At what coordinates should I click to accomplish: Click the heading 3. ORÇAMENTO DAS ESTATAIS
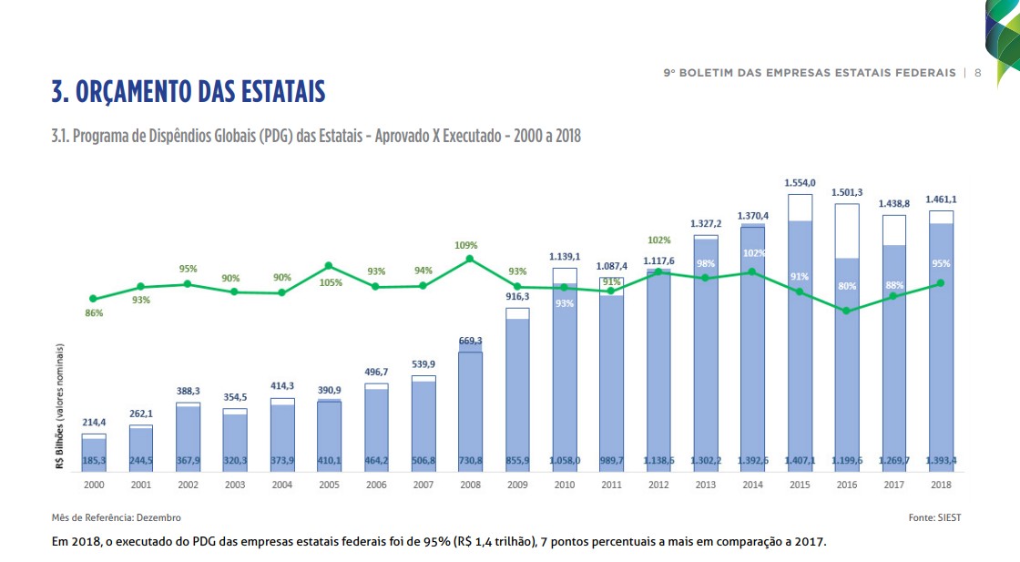pos(189,92)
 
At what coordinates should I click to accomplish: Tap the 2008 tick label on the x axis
pos(470,485)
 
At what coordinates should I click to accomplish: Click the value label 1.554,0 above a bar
pos(800,183)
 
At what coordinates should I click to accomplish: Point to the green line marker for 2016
pos(847,311)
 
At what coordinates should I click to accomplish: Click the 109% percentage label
pos(466,245)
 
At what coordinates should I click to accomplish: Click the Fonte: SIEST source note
pos(934,517)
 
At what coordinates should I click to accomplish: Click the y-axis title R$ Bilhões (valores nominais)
pos(60,406)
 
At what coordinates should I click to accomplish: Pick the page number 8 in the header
pos(977,73)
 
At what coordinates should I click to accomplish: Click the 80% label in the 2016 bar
pos(847,286)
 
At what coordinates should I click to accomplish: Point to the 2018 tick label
pos(941,485)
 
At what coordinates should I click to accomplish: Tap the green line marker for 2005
pos(329,266)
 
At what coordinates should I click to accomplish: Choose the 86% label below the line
pos(94,313)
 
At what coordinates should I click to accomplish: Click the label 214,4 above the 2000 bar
pos(94,423)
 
